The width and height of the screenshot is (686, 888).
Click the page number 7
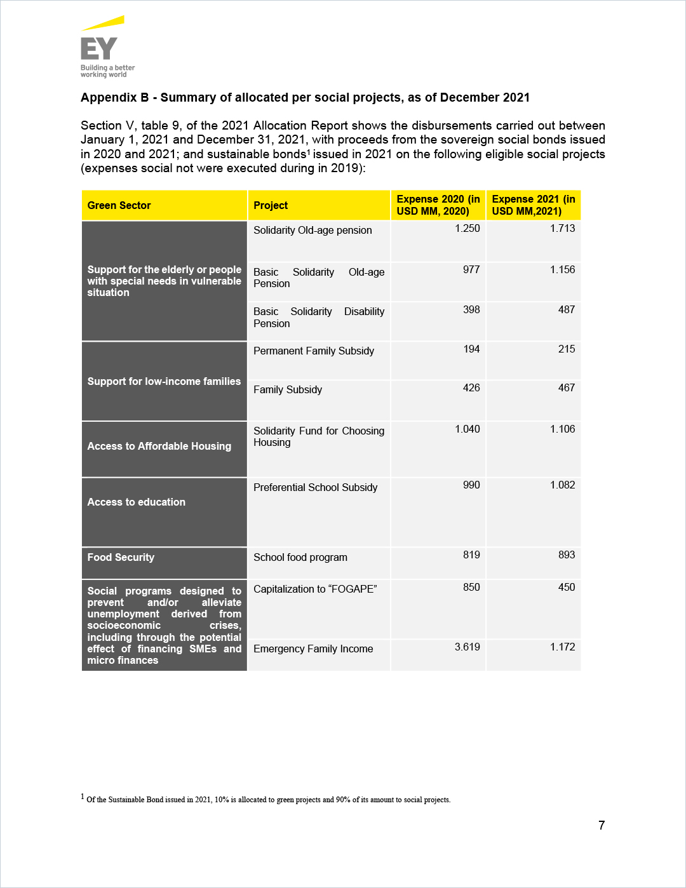(x=602, y=825)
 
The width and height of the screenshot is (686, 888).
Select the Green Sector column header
(x=119, y=205)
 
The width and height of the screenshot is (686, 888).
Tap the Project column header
(x=271, y=205)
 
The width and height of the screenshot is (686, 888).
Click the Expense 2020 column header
(x=438, y=205)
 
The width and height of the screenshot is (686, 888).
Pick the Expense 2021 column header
(x=534, y=205)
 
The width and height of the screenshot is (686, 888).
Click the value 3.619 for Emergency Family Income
(x=467, y=647)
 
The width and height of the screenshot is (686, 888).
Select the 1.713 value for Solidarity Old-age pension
(x=562, y=228)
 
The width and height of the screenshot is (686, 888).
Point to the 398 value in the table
(x=471, y=309)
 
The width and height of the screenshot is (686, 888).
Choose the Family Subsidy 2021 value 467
(x=567, y=387)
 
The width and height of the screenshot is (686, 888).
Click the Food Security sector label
(x=121, y=557)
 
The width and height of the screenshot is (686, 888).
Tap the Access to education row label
(x=137, y=502)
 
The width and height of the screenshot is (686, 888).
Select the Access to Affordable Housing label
(x=159, y=446)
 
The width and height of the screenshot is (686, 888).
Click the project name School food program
(x=300, y=557)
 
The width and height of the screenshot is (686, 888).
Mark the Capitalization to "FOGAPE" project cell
(x=315, y=589)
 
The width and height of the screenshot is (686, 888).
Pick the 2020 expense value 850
(x=471, y=587)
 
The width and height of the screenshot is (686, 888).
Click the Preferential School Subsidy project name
(x=316, y=487)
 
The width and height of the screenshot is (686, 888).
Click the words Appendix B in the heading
(x=114, y=97)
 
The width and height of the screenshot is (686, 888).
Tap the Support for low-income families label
(x=164, y=381)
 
